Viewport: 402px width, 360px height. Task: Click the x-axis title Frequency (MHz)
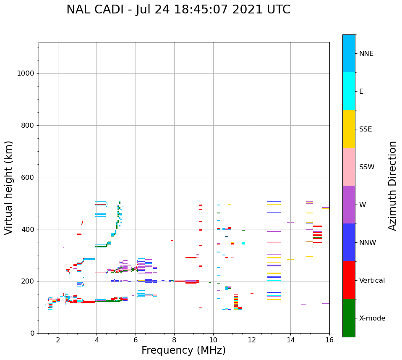coord(183,350)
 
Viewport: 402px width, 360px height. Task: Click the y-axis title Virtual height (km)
coord(9,188)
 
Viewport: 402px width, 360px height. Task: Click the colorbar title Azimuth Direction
coord(392,186)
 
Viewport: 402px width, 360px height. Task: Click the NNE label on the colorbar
coord(366,54)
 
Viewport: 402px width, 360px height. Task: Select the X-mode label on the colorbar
coord(372,318)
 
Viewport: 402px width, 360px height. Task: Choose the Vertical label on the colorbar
coord(372,281)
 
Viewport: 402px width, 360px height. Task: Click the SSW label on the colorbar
coord(367,167)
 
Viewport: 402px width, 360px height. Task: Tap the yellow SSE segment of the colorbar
coord(349,129)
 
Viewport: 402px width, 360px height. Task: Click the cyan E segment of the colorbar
coord(349,91)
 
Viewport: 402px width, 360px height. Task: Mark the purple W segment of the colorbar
coord(349,205)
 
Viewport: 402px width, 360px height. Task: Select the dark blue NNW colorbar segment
coord(349,242)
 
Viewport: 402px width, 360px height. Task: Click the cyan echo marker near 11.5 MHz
coord(243,243)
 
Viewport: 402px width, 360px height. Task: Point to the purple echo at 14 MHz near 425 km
coord(290,222)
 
